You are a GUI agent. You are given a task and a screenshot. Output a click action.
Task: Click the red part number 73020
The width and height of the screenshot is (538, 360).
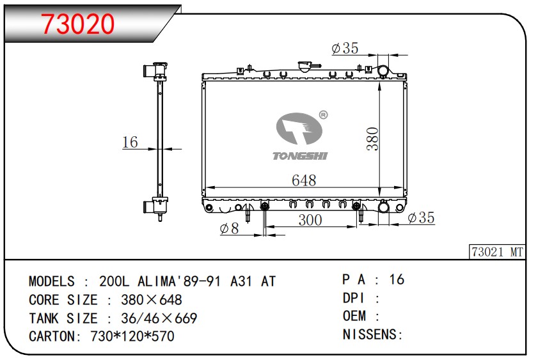77,24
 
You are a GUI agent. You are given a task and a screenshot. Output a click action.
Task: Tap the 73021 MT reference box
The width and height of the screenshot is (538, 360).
497,252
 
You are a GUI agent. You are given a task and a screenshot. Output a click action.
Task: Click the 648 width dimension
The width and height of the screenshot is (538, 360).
304,180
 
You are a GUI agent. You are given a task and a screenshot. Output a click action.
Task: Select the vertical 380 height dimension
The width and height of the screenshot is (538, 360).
372,139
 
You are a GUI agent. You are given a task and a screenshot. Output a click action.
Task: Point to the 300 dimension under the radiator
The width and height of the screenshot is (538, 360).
310,220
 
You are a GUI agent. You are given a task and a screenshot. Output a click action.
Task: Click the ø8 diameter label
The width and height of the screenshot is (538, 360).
229,228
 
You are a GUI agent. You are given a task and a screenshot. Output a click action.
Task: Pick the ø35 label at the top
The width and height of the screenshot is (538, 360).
345,48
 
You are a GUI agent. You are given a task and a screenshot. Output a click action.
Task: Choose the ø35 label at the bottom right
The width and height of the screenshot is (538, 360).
422,217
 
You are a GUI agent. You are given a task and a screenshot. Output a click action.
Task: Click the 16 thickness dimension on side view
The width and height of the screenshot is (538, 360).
130,143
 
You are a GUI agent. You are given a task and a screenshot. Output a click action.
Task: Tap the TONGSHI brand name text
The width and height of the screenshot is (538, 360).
300,156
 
